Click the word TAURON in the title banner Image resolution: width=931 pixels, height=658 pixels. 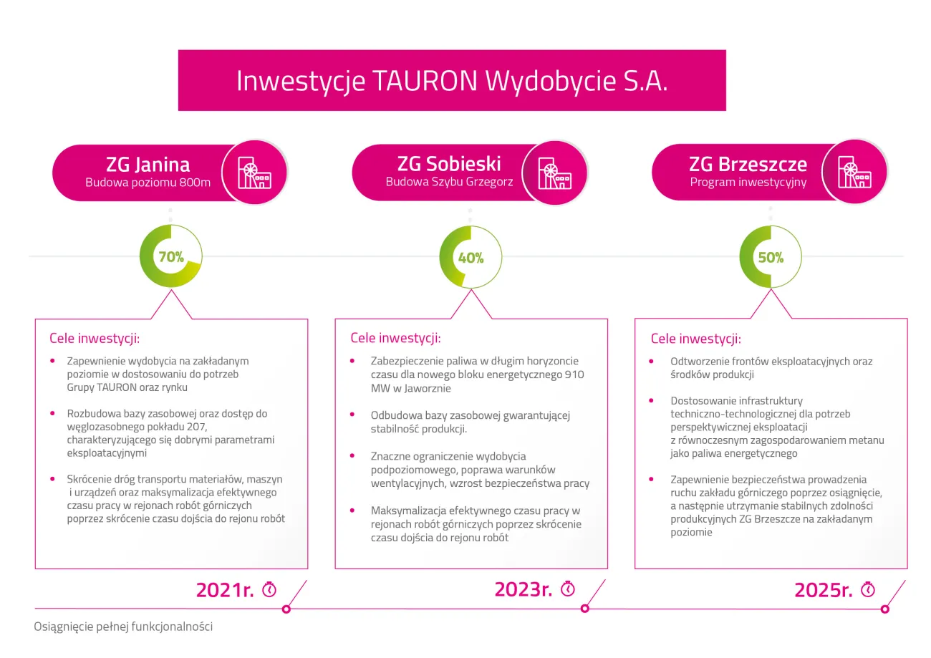click(425, 81)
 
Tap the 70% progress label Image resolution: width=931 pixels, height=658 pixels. click(171, 257)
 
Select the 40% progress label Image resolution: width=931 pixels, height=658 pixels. click(471, 258)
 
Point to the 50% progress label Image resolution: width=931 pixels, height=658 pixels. click(771, 258)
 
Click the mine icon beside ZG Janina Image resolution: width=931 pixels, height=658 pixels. click(254, 173)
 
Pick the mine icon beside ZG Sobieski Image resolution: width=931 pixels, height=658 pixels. click(554, 173)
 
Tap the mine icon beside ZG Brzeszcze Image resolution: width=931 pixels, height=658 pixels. click(854, 172)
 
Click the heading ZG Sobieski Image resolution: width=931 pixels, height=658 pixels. click(449, 164)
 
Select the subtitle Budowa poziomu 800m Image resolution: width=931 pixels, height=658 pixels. click(148, 183)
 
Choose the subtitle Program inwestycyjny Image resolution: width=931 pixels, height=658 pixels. click(748, 182)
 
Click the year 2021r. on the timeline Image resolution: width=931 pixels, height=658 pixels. click(225, 590)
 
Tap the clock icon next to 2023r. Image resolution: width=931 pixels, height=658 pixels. click(568, 589)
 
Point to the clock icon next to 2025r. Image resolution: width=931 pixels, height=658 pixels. click(868, 589)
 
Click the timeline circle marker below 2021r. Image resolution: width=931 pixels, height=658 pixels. click(286, 609)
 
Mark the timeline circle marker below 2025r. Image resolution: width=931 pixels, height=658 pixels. click(885, 609)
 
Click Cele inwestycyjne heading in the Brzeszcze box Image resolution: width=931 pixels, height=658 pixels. click(696, 339)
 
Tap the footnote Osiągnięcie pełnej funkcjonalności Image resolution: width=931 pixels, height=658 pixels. click(123, 626)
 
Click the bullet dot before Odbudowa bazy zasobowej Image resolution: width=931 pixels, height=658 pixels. click(352, 414)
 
